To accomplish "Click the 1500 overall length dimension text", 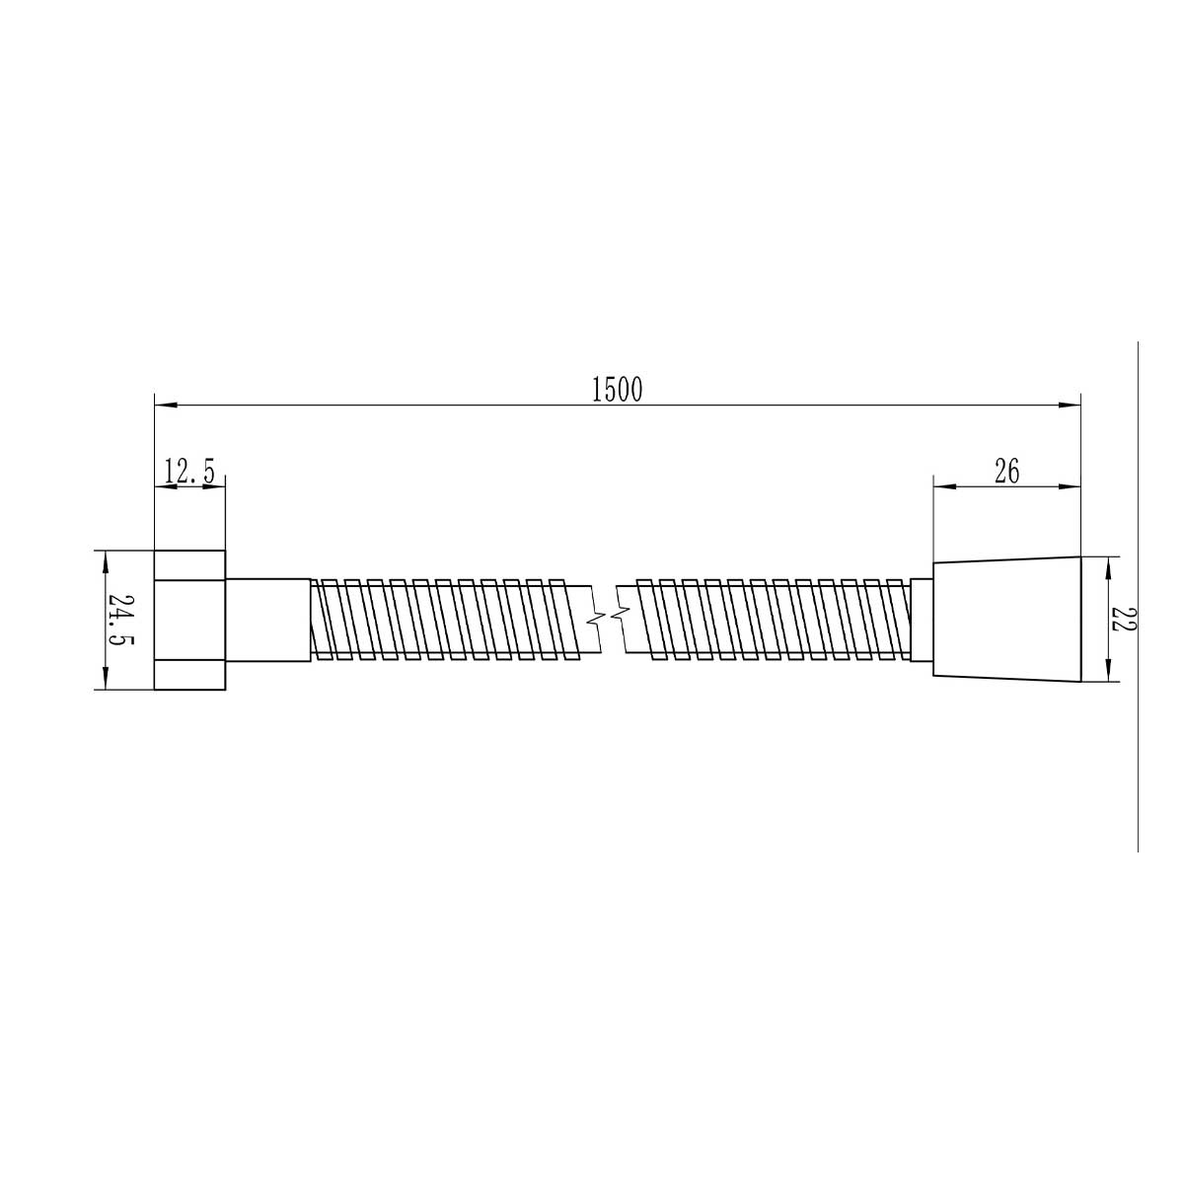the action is [x=617, y=389].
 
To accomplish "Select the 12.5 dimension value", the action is [x=189, y=472].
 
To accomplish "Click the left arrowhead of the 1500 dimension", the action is [x=166, y=405].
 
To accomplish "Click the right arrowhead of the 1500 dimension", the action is [x=1069, y=405].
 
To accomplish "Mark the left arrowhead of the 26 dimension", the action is [x=944, y=487].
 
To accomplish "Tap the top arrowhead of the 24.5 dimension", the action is [x=106, y=561].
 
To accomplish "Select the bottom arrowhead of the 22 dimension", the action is [x=1108, y=670].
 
